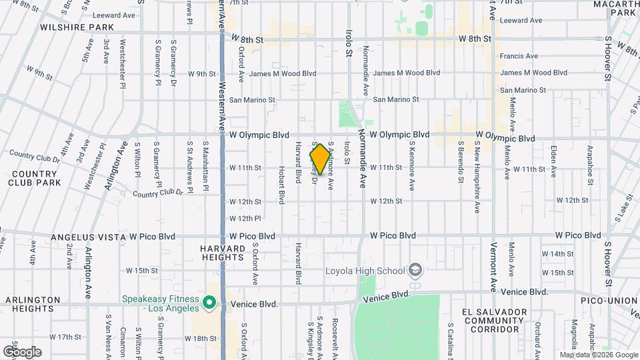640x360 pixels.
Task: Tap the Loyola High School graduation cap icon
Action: pos(415,270)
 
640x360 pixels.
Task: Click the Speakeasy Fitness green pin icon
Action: pos(209,303)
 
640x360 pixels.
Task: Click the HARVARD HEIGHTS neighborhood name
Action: pos(223,253)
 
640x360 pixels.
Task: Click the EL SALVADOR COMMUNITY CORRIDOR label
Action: pos(494,321)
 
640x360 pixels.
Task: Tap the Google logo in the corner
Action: pos(22,351)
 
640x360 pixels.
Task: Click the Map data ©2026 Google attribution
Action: pos(598,355)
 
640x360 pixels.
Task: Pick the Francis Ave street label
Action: pos(519,56)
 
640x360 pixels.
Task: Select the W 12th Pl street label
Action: pos(245,218)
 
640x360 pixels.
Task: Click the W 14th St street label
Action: pos(557,254)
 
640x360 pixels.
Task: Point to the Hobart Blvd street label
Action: pos(281,171)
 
